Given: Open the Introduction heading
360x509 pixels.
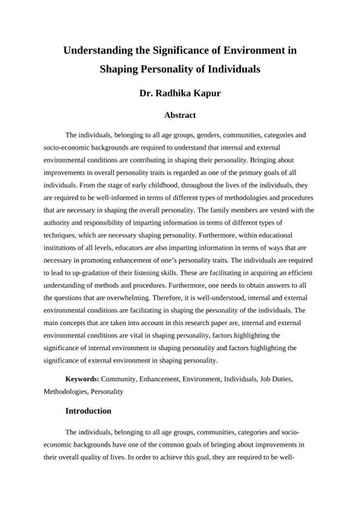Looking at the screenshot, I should click(x=88, y=411).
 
